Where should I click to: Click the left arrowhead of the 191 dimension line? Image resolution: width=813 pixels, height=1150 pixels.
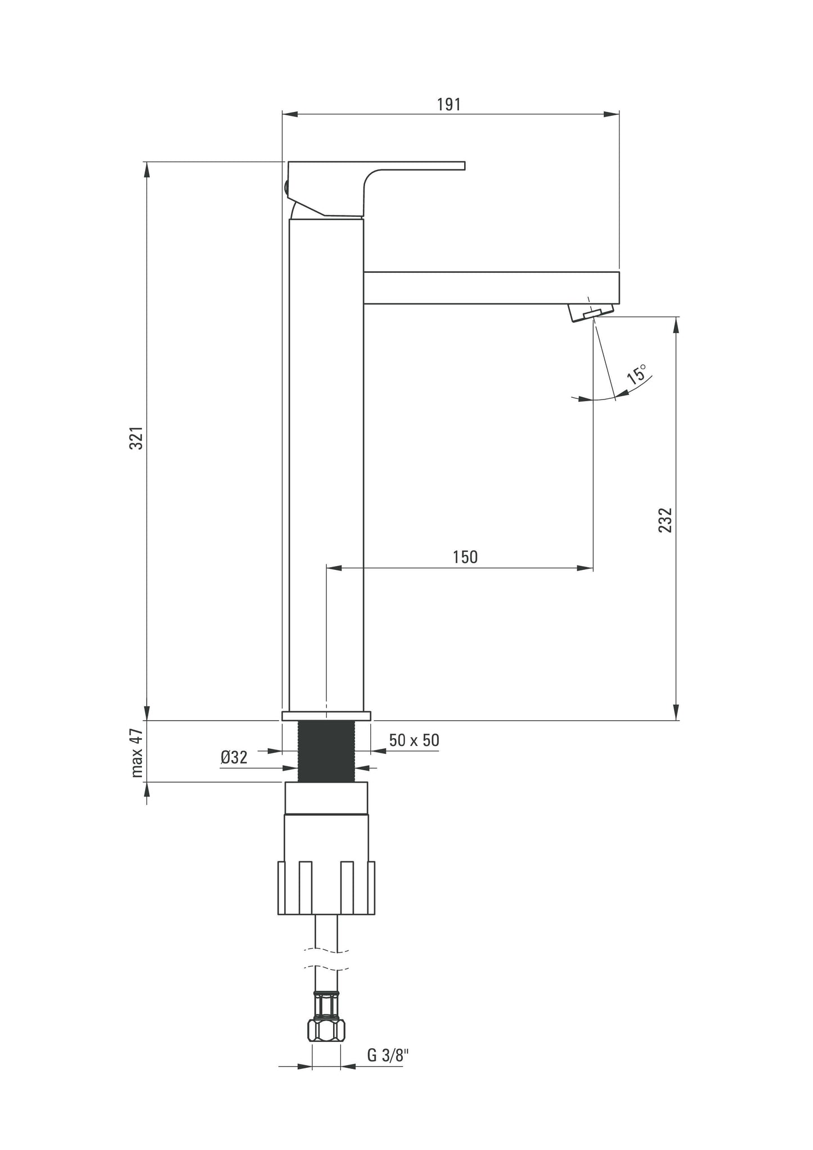[289, 115]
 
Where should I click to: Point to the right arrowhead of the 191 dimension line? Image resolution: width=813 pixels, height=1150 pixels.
[612, 115]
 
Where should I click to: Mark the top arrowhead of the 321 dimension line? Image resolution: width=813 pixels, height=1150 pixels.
[147, 170]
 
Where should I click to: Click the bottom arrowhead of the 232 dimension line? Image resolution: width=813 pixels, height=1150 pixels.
[676, 712]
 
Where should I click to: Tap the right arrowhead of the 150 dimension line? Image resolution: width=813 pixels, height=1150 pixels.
[585, 568]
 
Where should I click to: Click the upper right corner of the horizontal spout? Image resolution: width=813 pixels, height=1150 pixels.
[619, 272]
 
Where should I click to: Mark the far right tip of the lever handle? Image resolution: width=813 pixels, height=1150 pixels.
[465, 165]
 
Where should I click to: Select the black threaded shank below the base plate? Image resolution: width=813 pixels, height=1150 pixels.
[326, 751]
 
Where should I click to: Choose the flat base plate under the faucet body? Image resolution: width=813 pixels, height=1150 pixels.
[326, 716]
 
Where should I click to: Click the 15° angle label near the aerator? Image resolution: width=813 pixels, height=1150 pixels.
[637, 374]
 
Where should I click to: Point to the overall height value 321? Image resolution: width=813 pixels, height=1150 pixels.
[137, 438]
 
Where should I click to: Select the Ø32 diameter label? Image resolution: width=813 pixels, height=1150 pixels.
[234, 758]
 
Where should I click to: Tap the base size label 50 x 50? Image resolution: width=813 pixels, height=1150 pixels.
[414, 740]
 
